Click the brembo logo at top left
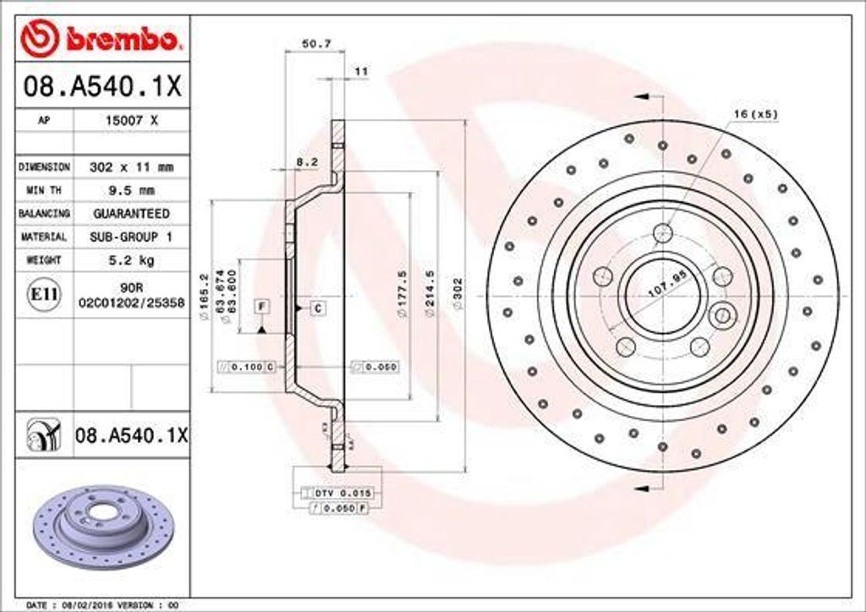pyautogui.click(x=101, y=38)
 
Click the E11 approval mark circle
pyautogui.click(x=44, y=293)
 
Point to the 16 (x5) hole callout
pyautogui.click(x=754, y=113)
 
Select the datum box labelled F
pyautogui.click(x=262, y=305)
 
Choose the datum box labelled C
pyautogui.click(x=318, y=309)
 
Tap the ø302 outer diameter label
pyautogui.click(x=458, y=296)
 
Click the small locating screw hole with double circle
pyautogui.click(x=722, y=317)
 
